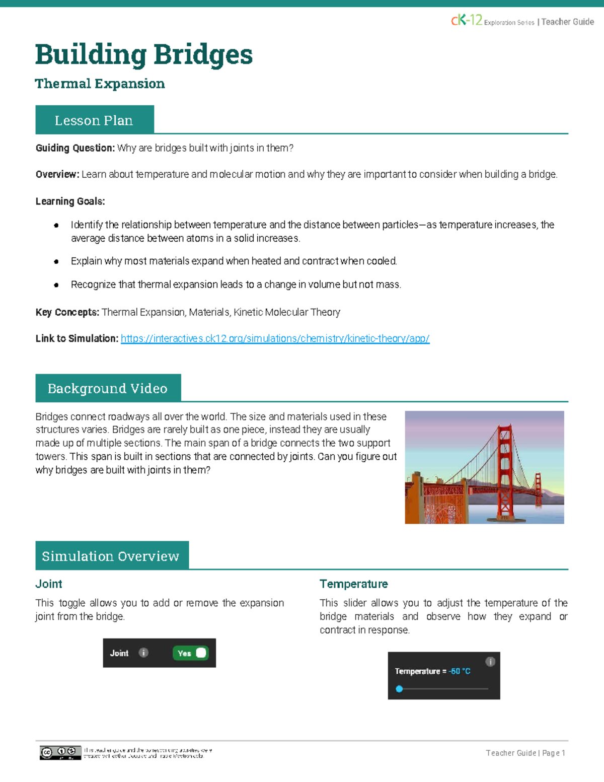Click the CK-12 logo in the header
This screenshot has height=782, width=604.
tap(467, 20)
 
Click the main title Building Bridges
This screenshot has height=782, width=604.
tap(143, 54)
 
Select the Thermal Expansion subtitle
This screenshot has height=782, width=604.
tap(100, 84)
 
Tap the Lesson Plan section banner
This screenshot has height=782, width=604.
tap(94, 120)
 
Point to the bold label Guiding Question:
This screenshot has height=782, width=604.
tap(75, 148)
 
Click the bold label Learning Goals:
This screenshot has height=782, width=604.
tap(70, 201)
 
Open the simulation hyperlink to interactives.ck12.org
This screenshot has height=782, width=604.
tap(275, 339)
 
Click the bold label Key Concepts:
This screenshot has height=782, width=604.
tap(67, 312)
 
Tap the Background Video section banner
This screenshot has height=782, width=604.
tap(108, 388)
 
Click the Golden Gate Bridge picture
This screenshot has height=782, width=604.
tap(484, 467)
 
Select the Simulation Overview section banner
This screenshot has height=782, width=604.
tap(111, 556)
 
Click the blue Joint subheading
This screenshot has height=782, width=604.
tap(49, 584)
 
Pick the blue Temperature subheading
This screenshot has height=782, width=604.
tap(353, 584)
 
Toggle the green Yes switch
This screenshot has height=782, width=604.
tap(190, 653)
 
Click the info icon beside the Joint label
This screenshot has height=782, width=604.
tap(143, 653)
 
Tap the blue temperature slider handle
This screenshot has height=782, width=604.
tap(399, 689)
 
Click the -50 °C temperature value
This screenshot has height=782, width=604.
tap(460, 671)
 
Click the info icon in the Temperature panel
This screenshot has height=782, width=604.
tap(490, 662)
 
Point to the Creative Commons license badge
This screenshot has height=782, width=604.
tap(60, 752)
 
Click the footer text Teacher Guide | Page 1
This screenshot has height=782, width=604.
tap(525, 753)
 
